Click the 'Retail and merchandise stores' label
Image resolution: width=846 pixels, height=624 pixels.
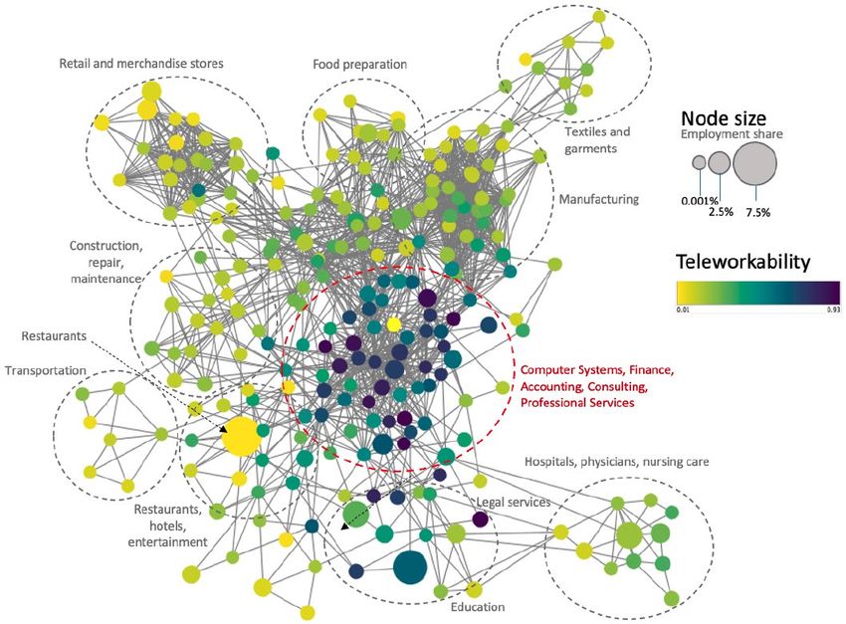[x=141, y=64]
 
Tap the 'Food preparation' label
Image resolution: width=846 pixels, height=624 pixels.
[x=360, y=64]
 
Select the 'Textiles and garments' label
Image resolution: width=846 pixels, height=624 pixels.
[x=598, y=139]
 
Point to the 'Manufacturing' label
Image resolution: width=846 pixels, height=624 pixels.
[x=598, y=199]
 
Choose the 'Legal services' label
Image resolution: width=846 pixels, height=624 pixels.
[x=514, y=503]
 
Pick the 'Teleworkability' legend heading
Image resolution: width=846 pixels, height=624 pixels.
[x=741, y=264]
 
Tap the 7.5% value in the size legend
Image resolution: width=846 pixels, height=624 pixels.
[x=757, y=211]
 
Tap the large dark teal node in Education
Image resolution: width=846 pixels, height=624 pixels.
[x=410, y=565]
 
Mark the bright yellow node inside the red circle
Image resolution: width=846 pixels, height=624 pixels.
[x=394, y=325]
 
